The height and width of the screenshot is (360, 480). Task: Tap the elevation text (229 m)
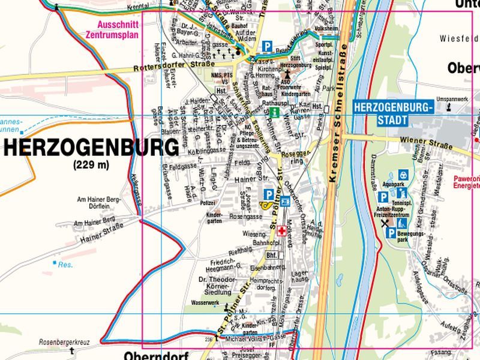[x=91, y=165]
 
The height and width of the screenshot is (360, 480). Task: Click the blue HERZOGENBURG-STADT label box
[x=393, y=113]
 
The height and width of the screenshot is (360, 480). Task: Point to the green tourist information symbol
[x=275, y=112]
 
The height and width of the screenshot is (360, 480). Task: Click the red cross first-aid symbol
[x=281, y=231]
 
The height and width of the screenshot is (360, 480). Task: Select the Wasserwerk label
[x=203, y=302]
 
